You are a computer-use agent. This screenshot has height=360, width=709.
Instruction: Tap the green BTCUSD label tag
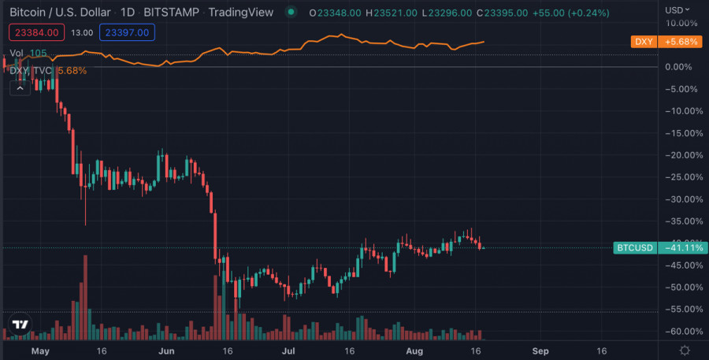click(x=635, y=248)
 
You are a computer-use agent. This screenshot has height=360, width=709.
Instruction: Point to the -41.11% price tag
click(x=682, y=248)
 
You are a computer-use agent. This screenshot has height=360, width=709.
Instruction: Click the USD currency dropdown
click(x=676, y=10)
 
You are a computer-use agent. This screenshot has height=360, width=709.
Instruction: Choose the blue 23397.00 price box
click(x=132, y=32)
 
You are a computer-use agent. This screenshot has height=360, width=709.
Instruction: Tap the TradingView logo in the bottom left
click(x=20, y=325)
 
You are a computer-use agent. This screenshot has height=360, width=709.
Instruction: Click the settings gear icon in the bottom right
click(x=685, y=350)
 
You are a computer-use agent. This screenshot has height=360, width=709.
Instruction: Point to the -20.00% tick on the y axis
click(x=683, y=155)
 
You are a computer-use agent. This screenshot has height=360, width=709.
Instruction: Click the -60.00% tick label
click(x=683, y=332)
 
